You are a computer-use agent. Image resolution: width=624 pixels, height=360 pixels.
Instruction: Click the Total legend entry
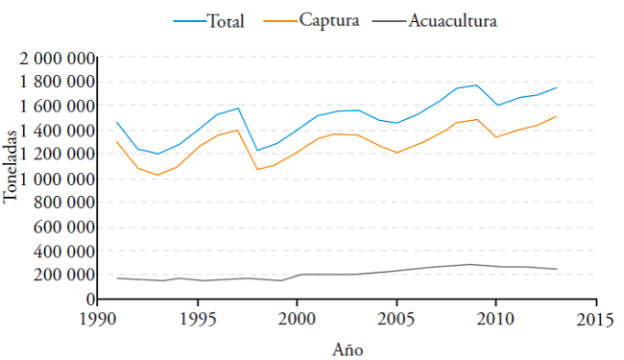226,20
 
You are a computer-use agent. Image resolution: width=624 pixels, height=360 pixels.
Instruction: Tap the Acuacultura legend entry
452,20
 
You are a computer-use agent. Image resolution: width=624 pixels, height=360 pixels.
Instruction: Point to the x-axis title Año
348,348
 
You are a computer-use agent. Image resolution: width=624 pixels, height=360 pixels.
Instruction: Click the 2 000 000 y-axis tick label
57,60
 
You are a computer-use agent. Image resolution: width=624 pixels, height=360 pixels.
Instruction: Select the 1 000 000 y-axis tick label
57,180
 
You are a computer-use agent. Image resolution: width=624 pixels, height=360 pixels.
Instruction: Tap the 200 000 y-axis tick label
63,276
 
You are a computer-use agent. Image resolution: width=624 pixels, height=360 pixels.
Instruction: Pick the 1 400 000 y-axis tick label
57,132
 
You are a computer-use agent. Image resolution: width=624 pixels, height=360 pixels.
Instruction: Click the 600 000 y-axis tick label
63,228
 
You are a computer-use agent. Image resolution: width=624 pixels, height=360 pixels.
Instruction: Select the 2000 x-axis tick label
297,318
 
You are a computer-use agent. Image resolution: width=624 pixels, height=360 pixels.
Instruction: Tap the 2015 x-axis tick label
595,318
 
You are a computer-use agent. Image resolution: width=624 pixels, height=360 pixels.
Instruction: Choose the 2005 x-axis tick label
396,318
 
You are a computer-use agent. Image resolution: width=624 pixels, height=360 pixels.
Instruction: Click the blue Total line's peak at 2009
476,84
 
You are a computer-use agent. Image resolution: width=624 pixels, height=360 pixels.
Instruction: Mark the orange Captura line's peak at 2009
476,119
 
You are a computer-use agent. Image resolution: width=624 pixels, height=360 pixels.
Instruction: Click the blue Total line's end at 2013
557,87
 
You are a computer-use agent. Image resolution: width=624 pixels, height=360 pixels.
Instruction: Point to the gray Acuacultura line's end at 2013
557,269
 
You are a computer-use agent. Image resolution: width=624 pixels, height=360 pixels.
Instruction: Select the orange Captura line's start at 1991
117,142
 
